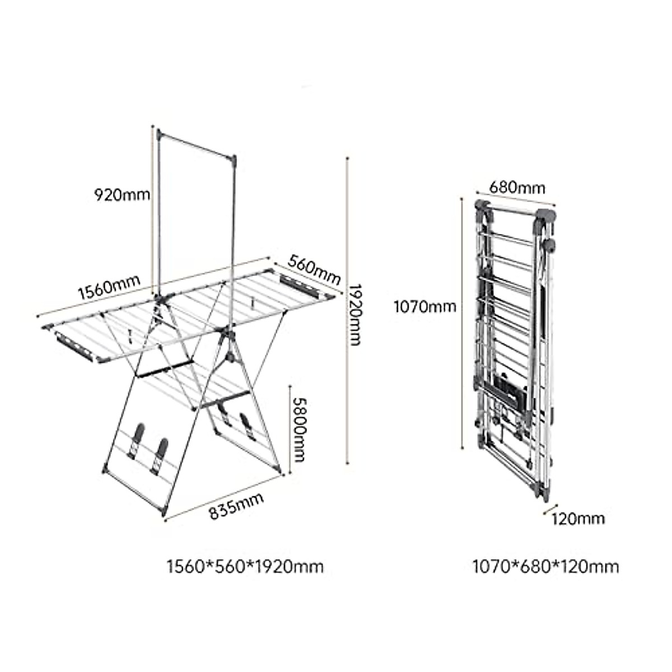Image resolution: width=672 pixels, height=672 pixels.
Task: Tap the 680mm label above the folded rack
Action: pyautogui.click(x=517, y=186)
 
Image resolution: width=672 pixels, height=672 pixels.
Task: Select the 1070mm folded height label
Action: pyautogui.click(x=424, y=306)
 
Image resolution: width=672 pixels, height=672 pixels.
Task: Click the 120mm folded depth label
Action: pyautogui.click(x=578, y=519)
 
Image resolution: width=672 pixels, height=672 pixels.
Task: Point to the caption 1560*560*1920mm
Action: pyautogui.click(x=245, y=567)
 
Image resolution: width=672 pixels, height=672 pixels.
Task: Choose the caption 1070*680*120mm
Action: pyautogui.click(x=546, y=567)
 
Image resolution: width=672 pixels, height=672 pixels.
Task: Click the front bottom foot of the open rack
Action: pyautogui.click(x=164, y=513)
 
